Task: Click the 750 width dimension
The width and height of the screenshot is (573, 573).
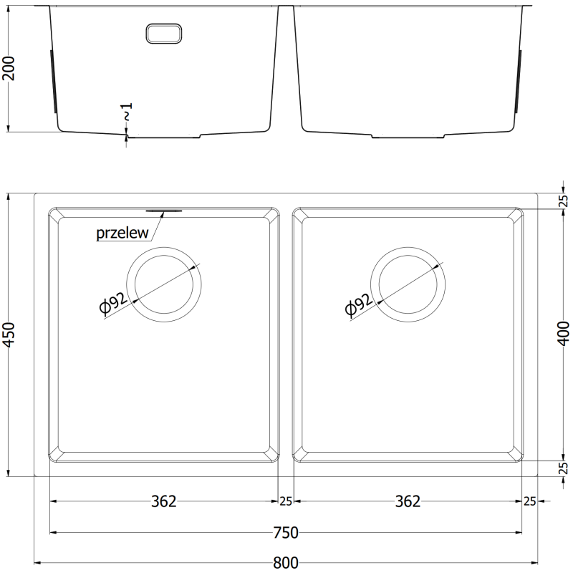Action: pos(286,532)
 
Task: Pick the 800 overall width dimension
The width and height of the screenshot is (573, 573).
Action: pos(286,563)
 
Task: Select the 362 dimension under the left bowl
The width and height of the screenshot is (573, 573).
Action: pos(163,501)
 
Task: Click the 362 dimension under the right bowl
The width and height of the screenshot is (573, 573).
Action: pos(408,501)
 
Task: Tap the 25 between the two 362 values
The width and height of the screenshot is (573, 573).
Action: pos(286,501)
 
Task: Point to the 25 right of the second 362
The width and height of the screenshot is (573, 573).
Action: pos(530,501)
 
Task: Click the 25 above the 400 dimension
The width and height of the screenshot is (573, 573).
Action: pos(563,201)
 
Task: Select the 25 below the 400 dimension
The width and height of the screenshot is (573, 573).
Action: pos(563,468)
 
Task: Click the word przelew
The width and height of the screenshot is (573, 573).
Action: pos(122,233)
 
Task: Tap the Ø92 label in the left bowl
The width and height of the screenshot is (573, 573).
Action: pos(115,305)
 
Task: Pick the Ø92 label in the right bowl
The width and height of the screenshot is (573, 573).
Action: pos(358,305)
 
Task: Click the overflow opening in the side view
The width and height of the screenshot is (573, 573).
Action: pos(165,32)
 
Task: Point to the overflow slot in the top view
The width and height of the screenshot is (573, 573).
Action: pos(165,211)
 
